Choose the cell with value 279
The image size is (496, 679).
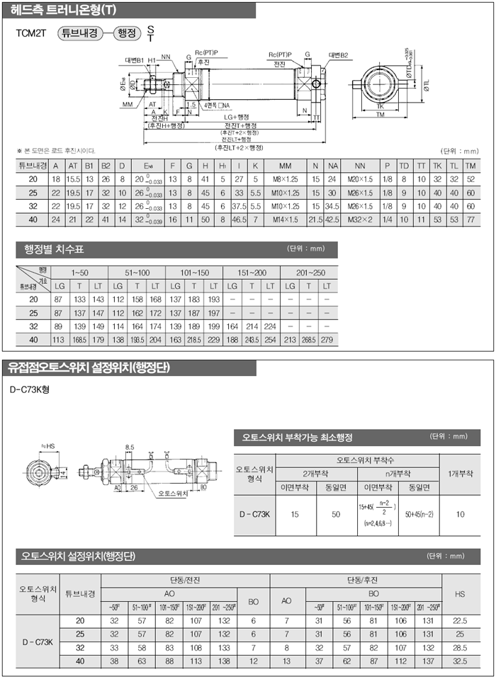point(327,339)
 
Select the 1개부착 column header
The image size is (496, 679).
point(461,473)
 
